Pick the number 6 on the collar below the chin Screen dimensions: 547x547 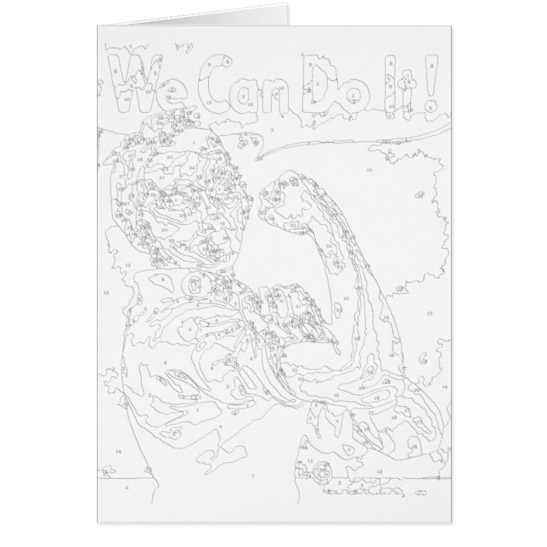161,279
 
